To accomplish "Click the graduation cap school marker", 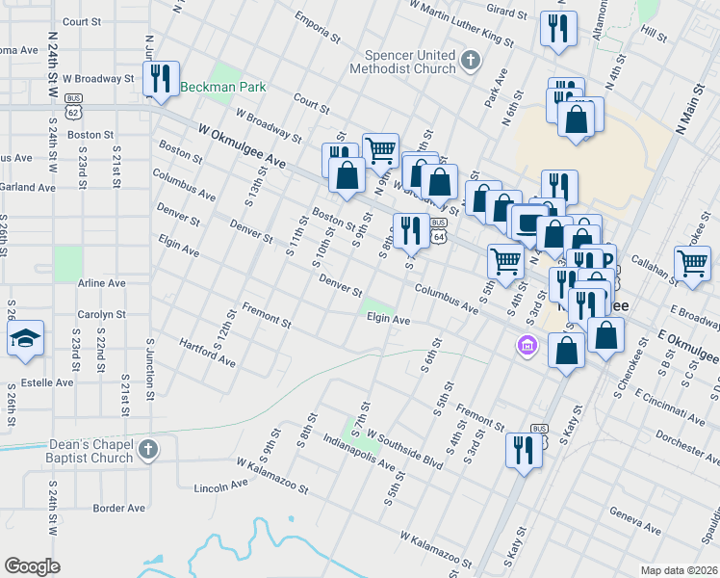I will click(24, 339).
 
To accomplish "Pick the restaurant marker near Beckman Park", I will click(161, 79).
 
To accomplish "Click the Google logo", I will click(32, 566).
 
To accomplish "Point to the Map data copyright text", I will click(679, 570).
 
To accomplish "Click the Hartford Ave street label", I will click(208, 353).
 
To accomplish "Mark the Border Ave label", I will click(118, 508).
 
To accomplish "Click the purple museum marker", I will click(527, 345).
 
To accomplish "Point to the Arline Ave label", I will click(102, 284).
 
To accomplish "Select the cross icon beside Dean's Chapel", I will click(148, 450).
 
